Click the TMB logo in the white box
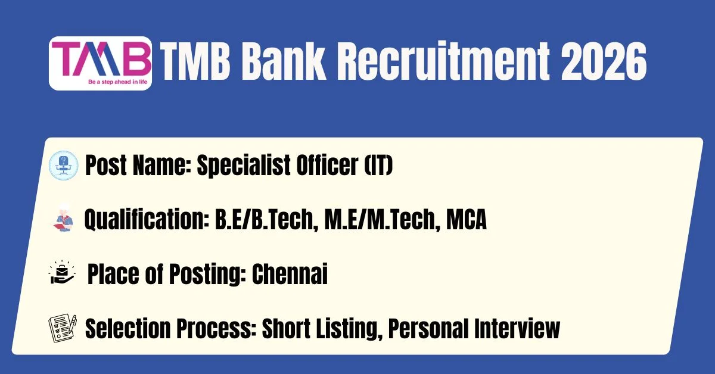tap(100, 63)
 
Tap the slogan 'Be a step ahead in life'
tap(118, 82)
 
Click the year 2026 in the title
tap(604, 62)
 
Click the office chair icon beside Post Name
tap(64, 166)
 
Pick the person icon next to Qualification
tap(64, 219)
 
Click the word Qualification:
tap(147, 220)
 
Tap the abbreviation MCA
tap(467, 219)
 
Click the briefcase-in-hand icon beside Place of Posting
tap(62, 272)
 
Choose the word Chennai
tap(290, 274)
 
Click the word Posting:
tap(207, 275)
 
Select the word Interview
tap(517, 328)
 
